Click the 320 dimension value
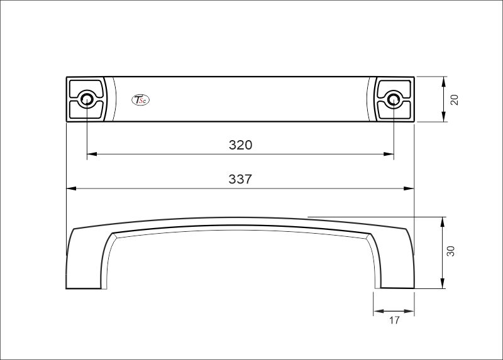(x=240, y=145)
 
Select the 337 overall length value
(x=240, y=179)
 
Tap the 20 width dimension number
(x=455, y=99)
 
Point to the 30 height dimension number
(x=450, y=251)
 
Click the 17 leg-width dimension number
(x=394, y=320)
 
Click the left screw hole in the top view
(x=87, y=99)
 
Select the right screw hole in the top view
(x=394, y=99)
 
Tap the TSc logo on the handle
(x=139, y=99)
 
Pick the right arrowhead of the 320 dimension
(x=389, y=153)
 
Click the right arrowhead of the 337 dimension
(x=410, y=188)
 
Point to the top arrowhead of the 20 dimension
(x=444, y=81)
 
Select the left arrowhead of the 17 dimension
(x=377, y=311)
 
